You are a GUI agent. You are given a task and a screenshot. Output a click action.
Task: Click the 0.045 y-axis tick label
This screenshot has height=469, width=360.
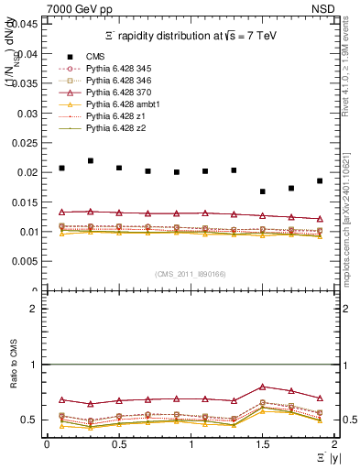(x=25, y=24)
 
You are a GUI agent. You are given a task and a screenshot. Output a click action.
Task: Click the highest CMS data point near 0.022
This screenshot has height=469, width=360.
(x=91, y=160)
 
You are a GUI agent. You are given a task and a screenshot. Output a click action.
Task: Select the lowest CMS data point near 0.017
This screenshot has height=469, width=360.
(x=263, y=191)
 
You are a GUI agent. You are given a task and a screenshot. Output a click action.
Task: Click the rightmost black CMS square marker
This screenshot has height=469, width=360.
(x=320, y=180)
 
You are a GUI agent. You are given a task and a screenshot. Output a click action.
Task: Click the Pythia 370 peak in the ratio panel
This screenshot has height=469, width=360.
(x=263, y=387)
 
